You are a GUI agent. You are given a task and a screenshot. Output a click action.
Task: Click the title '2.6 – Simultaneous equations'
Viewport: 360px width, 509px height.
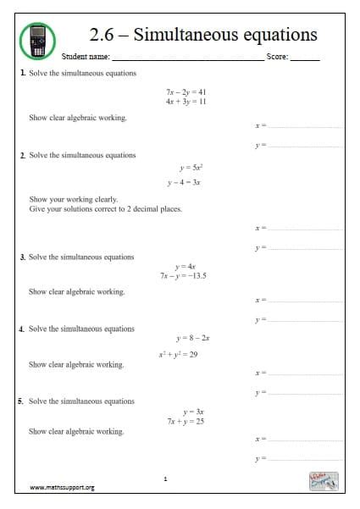tap(203, 35)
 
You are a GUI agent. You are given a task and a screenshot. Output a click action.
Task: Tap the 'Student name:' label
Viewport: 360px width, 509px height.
tap(86, 58)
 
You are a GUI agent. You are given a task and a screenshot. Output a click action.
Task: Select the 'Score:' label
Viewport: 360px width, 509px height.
tap(277, 58)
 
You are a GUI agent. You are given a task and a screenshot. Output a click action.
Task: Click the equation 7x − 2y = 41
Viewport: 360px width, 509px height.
tap(186, 91)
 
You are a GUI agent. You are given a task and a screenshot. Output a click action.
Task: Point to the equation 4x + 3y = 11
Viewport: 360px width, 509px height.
tap(186, 101)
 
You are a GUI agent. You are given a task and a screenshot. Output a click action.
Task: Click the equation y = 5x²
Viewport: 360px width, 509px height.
tap(185, 168)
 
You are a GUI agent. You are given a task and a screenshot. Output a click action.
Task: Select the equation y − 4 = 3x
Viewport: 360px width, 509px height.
tap(184, 182)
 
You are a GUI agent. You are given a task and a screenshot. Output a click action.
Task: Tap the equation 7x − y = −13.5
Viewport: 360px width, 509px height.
tap(184, 275)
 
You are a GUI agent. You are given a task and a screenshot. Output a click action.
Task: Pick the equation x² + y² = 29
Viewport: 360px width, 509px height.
tap(178, 354)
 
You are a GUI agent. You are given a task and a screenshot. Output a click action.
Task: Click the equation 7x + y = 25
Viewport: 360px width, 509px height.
tap(186, 420)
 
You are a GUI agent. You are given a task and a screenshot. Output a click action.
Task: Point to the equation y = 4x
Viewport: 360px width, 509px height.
tap(185, 266)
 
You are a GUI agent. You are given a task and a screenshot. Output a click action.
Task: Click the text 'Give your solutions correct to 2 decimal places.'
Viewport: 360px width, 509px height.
tap(105, 208)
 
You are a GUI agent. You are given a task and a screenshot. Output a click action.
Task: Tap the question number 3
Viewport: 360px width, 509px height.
tap(22, 257)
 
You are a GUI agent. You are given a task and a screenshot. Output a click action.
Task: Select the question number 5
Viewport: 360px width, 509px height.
tap(22, 401)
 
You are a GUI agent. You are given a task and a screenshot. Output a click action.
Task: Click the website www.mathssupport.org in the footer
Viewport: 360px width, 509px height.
tap(62, 488)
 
